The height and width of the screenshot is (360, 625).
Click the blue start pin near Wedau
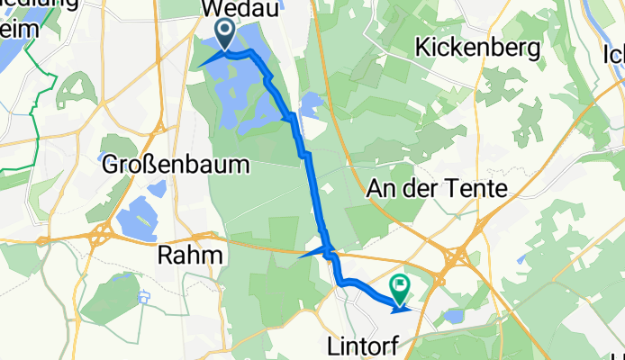tap(222, 35)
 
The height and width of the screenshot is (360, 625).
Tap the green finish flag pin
tap(399, 286)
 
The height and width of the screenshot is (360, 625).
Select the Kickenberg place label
tap(477, 46)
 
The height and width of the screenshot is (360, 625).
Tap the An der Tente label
tap(438, 188)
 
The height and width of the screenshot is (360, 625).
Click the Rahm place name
tap(189, 255)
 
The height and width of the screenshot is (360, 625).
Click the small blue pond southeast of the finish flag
tap(453, 317)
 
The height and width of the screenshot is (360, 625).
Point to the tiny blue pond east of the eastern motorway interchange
tap(521, 258)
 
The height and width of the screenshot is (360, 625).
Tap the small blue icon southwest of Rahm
tap(143, 298)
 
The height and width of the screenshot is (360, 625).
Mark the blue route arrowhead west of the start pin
tap(204, 62)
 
